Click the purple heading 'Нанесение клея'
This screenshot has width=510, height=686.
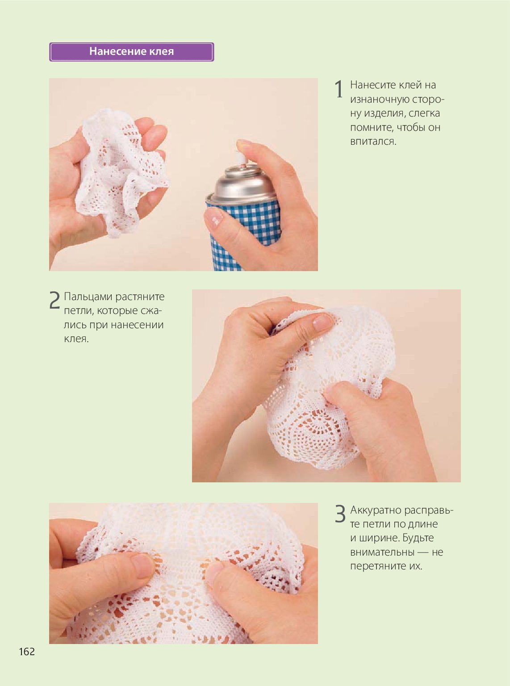131,52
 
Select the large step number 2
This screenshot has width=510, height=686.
54,300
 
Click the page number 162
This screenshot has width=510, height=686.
27,652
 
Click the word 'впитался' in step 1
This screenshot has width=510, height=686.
373,142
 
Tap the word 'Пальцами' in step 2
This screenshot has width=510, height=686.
88,297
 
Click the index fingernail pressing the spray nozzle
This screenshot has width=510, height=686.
244,142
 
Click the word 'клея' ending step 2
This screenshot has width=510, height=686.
76,339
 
